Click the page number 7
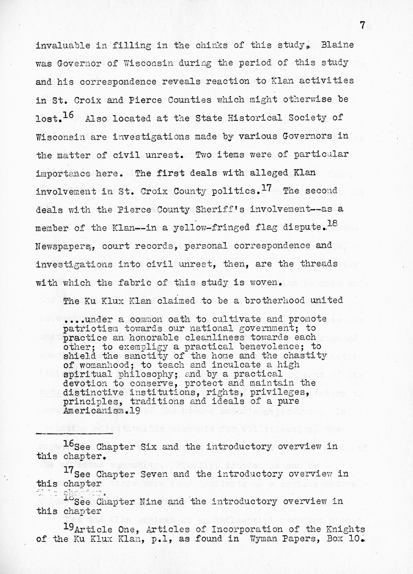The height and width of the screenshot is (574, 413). click(362, 26)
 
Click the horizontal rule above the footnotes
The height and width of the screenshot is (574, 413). click(75, 434)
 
